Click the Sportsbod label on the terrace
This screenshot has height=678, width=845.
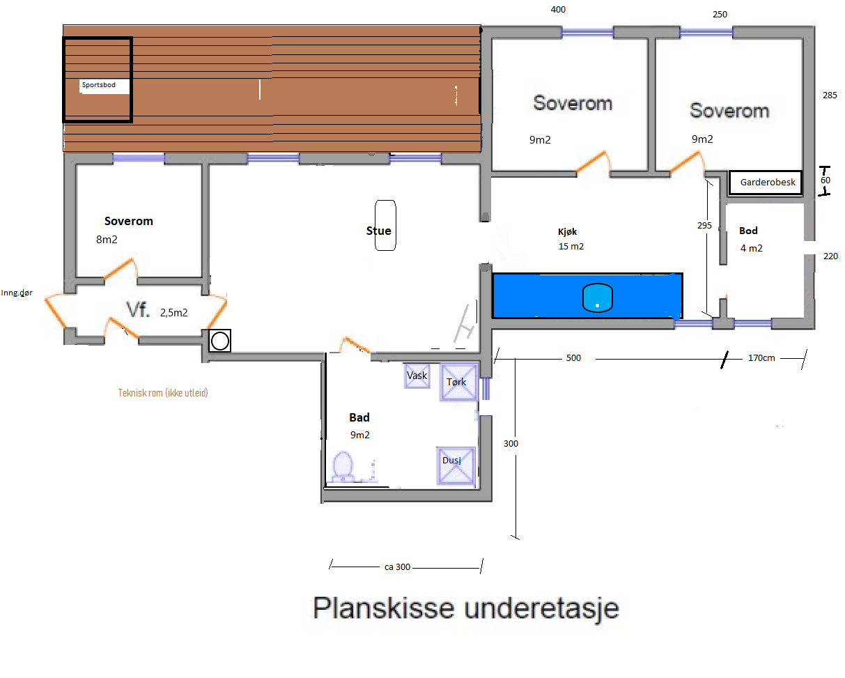98,85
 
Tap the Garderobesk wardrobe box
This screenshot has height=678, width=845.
766,183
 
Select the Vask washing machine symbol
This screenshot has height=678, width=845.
417,376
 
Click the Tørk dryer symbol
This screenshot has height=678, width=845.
458,383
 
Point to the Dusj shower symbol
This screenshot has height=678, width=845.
456,466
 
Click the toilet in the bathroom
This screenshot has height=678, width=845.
343,466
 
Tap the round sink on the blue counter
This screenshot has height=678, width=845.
597,298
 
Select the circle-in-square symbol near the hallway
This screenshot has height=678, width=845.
220,341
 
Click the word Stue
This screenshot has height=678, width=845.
378,231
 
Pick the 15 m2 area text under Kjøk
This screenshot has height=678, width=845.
571,246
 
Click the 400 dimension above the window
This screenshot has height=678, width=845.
558,10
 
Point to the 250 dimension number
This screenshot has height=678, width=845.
720,15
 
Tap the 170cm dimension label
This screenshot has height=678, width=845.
761,358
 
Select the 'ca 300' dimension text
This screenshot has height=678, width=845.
397,567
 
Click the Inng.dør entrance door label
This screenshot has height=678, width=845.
17,293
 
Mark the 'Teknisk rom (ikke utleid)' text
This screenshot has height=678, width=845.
163,393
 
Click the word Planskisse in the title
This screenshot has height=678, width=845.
383,608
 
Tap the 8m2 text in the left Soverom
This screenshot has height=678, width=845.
107,240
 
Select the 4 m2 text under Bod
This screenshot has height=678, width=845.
751,248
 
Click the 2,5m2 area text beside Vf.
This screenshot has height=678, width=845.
174,313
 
